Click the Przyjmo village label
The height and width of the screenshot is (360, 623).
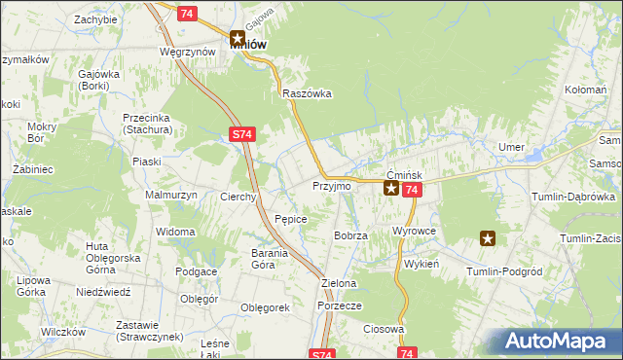coord(330,185)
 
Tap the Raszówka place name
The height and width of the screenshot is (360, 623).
coord(307,93)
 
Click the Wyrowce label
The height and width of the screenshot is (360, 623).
coord(414,232)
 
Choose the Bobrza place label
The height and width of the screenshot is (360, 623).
coord(350,235)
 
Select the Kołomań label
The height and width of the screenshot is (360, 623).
coord(585,89)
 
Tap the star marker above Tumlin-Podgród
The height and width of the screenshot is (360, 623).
coord(489,237)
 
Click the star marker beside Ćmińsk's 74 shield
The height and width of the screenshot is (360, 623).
coord(390,189)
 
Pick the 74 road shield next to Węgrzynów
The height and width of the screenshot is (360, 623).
coord(189,12)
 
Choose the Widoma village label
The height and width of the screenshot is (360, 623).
coord(176,232)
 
